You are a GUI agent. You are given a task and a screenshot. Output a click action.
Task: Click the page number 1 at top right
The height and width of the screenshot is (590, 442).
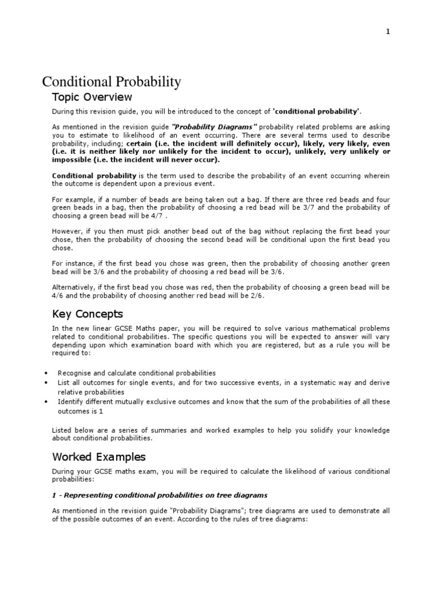tap(388, 32)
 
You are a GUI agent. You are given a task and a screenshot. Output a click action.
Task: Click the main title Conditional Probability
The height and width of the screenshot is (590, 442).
tap(112, 82)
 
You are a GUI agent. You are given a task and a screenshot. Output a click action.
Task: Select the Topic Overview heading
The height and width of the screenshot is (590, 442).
tap(92, 97)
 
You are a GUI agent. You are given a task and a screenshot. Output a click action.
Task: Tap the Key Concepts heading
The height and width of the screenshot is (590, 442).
tap(87, 314)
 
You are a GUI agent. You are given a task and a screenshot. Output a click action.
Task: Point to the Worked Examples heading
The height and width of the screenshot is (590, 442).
tap(99, 457)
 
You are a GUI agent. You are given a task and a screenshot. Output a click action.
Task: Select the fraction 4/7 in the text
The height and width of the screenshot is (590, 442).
tap(159, 215)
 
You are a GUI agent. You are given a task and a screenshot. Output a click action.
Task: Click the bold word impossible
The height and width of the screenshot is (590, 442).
tap(70, 160)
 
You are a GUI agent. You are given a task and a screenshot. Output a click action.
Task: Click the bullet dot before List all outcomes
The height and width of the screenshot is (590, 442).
tap(45, 383)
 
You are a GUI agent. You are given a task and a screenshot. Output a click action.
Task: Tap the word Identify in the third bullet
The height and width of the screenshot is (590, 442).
tap(69, 402)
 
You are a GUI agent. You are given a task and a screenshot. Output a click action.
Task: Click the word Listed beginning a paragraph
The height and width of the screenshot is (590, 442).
tap(63, 430)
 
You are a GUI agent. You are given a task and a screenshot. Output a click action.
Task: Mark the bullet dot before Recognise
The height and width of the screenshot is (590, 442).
tap(45, 373)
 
